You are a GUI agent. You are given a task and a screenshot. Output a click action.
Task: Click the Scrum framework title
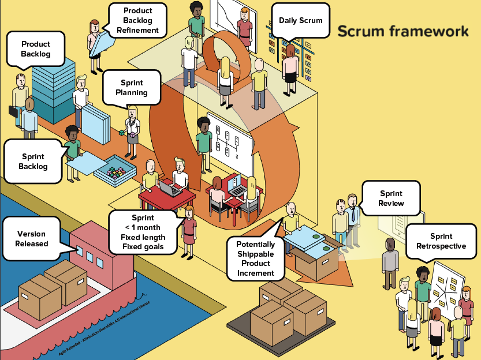coord(402,31)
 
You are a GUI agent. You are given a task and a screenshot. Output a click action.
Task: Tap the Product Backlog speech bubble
coord(36,49)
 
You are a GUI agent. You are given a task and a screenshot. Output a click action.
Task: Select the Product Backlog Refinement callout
coord(137,20)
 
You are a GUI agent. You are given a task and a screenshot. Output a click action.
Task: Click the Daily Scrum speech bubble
coord(300,21)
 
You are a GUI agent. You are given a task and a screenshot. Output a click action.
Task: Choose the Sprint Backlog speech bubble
coord(33,162)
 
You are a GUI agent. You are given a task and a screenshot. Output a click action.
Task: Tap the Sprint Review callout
coord(391,198)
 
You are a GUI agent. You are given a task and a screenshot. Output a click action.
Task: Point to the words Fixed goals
coord(143,247)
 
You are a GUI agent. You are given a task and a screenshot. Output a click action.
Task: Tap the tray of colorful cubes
coord(113,171)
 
